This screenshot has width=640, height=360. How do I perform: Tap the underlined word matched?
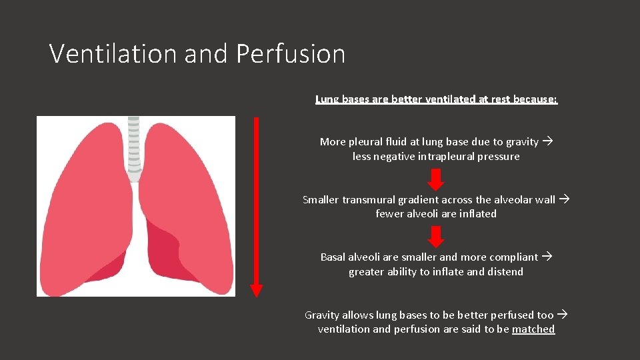coord(533,329)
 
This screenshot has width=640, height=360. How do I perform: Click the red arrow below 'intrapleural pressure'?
coord(435,179)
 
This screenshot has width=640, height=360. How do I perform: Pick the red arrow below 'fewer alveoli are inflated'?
coord(435,237)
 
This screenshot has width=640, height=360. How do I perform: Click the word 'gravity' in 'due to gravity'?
coord(522,142)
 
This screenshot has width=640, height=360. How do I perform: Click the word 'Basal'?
coord(333,257)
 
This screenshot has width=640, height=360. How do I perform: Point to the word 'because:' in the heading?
coord(535,99)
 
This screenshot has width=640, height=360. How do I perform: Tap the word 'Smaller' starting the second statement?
coord(321,200)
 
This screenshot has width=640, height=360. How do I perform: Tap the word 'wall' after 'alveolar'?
coord(545,200)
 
